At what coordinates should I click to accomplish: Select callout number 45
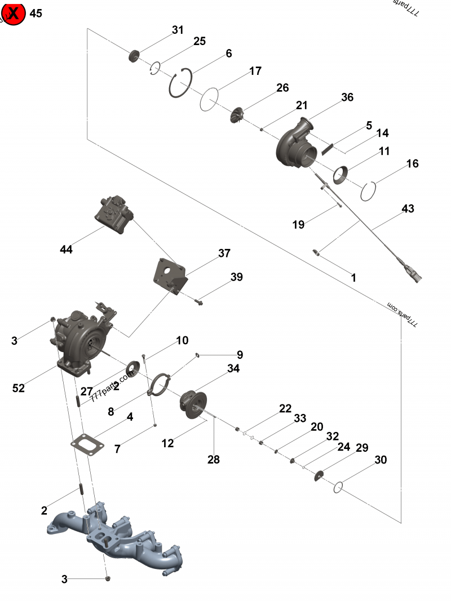pos(36,14)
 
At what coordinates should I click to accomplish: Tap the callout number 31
pos(178,30)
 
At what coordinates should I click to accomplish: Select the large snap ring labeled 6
pos(182,84)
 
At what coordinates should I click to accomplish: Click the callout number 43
pos(408,209)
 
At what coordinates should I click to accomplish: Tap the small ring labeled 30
pos(338,487)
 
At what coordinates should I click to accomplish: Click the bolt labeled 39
pos(200,303)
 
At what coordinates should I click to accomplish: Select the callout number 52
pos(19,388)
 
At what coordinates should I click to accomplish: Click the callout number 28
pos(213,460)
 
